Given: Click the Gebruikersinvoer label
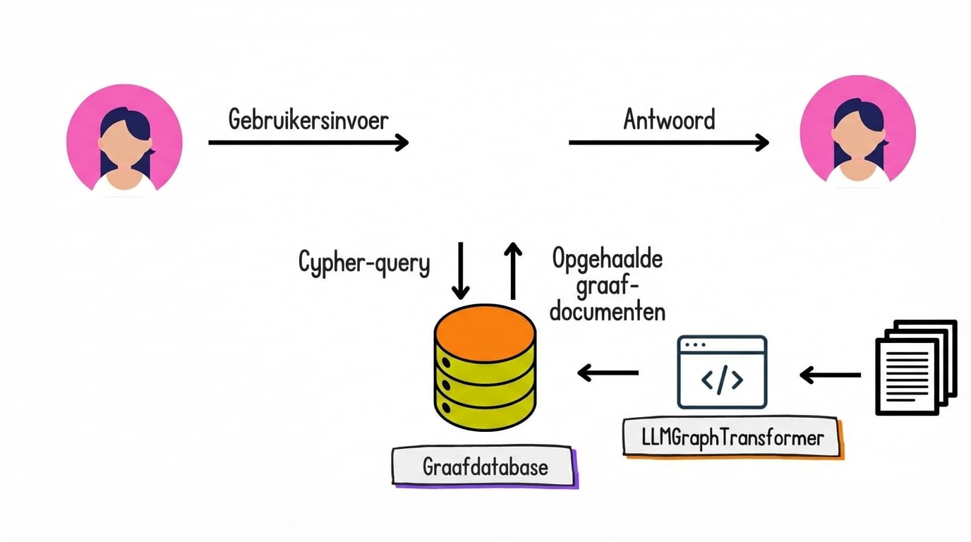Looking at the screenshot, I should (x=308, y=119).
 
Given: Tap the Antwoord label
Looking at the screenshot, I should (x=669, y=119).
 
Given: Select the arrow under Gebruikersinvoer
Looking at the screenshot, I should (x=308, y=143).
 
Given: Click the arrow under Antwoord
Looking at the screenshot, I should (x=668, y=143).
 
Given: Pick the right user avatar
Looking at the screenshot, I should (x=857, y=133).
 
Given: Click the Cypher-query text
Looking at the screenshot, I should (x=364, y=263).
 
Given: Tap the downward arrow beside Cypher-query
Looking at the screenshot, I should (x=460, y=271).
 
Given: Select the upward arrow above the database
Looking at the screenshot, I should (x=514, y=271).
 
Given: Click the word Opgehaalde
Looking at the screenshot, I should (x=608, y=260).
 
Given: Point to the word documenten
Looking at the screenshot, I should (x=608, y=311).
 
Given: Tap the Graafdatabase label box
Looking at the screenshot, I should (x=484, y=466).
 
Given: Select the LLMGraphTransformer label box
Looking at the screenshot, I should (x=732, y=438).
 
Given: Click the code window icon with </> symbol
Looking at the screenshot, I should (x=722, y=372).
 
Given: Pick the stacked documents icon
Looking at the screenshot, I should (x=915, y=367).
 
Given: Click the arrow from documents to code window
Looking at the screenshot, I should (x=831, y=375).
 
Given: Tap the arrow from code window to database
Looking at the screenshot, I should (x=608, y=372).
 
